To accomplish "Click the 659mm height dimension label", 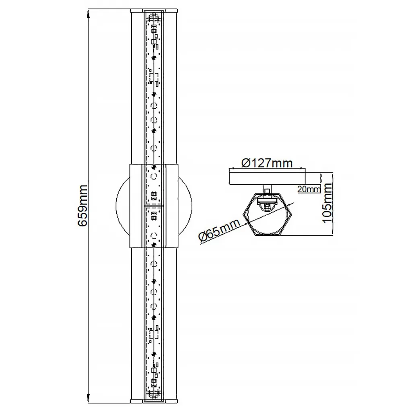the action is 83,206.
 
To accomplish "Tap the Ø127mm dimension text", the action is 267,163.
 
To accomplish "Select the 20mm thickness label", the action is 309,189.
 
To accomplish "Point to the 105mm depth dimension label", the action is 327,203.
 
